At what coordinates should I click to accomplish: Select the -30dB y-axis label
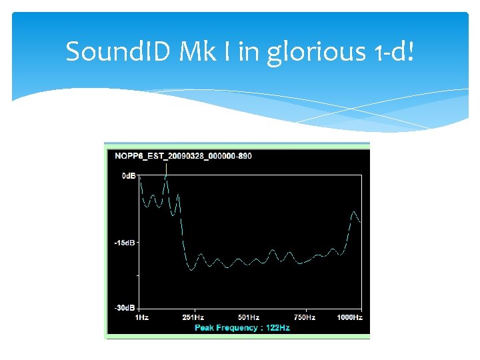pyautogui.click(x=125, y=308)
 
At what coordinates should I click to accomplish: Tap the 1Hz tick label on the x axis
pyautogui.click(x=141, y=317)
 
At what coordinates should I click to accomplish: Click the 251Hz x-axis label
pyautogui.click(x=193, y=317)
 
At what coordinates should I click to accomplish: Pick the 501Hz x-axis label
pyautogui.click(x=249, y=317)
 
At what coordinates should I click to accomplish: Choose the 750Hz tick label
pyautogui.click(x=305, y=317)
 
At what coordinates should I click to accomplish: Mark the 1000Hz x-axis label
pyautogui.click(x=349, y=317)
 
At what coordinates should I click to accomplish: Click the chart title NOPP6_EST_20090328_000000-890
pyautogui.click(x=183, y=156)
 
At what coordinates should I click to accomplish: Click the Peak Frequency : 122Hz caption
pyautogui.click(x=242, y=328)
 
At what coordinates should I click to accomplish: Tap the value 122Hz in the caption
pyautogui.click(x=277, y=328)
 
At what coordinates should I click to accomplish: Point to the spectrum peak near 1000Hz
pyautogui.click(x=353, y=212)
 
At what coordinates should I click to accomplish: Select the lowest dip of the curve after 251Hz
pyautogui.click(x=191, y=269)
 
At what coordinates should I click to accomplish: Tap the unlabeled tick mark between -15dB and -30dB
pyautogui.click(x=138, y=275)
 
